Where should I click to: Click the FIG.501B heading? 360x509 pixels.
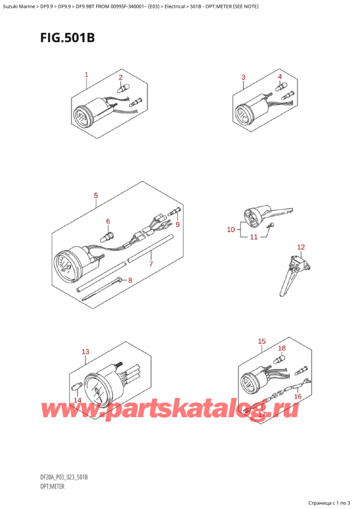coord(68,38)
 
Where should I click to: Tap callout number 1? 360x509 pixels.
coord(86,74)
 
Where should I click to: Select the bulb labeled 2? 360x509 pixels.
coord(124,87)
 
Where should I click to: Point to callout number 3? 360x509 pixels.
coord(243,77)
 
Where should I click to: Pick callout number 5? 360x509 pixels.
coord(96,196)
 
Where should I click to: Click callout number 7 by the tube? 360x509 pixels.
coord(151,264)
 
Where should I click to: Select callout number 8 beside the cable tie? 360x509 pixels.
coord(130,280)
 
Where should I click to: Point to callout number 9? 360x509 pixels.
coord(177,224)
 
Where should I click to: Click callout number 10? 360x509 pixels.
coord(231,230)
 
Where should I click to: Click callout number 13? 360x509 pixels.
coord(85,352)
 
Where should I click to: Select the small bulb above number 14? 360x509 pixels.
coord(75,388)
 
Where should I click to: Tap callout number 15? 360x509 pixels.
coord(262,341)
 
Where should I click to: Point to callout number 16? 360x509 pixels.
coord(298,396)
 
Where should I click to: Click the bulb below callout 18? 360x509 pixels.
coord(280,360)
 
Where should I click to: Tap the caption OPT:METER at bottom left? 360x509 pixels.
coord(53,487)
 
